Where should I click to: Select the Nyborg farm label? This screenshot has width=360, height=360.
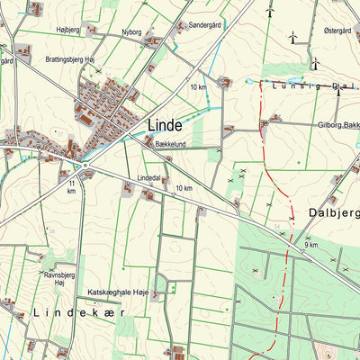[132, 31]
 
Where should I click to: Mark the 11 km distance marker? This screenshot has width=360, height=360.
[71, 186]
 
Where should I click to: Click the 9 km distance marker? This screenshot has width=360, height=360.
[311, 245]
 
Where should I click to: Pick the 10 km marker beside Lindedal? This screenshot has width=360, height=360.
[184, 187]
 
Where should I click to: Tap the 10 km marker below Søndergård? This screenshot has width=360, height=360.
[199, 86]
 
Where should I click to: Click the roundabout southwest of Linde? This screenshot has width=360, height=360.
[85, 165]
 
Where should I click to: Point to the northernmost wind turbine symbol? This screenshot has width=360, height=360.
[269, 11]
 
